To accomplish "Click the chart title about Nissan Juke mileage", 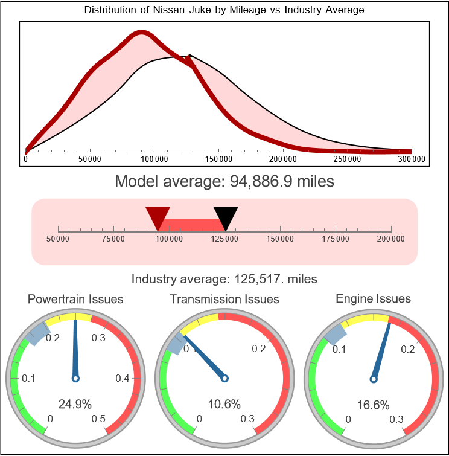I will (224, 10).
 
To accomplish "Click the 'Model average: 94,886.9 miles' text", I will (224, 181).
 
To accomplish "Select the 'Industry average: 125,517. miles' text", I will (224, 279).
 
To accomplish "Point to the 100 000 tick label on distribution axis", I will (154, 159).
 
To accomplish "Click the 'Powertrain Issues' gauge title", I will (75, 299).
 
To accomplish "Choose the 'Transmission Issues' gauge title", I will (224, 299).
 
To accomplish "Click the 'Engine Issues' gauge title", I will (373, 298).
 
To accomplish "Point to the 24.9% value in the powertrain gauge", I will (75, 403).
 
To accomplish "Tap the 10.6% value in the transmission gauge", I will (224, 403).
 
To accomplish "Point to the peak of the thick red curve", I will (141, 34).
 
